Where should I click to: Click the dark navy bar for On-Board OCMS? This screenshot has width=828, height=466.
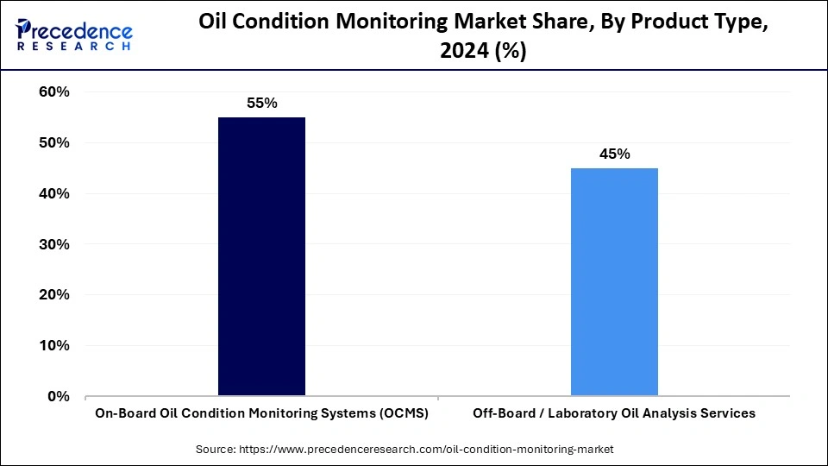(x=261, y=257)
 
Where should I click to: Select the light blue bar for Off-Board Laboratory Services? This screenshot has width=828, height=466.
(x=614, y=282)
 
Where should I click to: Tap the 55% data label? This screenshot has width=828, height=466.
(x=261, y=104)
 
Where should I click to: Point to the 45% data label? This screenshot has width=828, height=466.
(x=614, y=154)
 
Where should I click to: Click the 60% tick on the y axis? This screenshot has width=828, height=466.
(x=54, y=92)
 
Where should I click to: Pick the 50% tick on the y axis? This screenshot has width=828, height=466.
(x=54, y=143)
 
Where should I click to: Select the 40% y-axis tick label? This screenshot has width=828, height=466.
(x=54, y=194)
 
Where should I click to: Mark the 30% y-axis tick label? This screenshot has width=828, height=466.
(x=54, y=245)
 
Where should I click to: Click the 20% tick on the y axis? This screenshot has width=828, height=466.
(x=54, y=295)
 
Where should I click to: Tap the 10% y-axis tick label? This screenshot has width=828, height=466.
(x=54, y=346)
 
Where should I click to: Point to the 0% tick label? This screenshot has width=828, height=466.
(x=59, y=397)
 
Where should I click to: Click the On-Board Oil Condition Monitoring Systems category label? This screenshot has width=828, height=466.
(x=261, y=413)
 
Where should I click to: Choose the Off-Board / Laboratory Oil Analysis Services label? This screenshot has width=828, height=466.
(x=614, y=413)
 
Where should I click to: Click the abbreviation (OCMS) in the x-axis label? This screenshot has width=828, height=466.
(x=405, y=413)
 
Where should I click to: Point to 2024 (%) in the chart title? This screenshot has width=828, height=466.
(x=483, y=52)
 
